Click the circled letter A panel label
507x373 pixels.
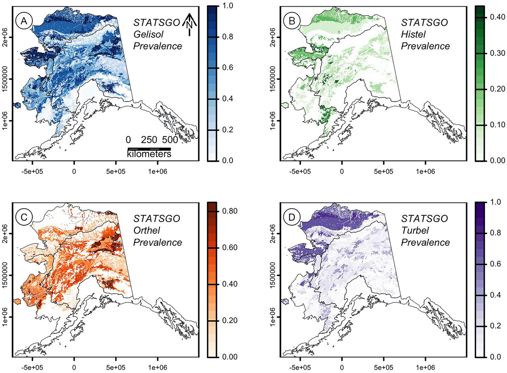tap(22, 21)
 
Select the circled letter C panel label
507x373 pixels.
tap(22, 217)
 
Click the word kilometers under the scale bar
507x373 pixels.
tap(149, 155)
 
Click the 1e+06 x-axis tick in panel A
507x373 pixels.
tap(157, 172)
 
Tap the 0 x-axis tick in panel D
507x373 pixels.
tap(341, 368)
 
